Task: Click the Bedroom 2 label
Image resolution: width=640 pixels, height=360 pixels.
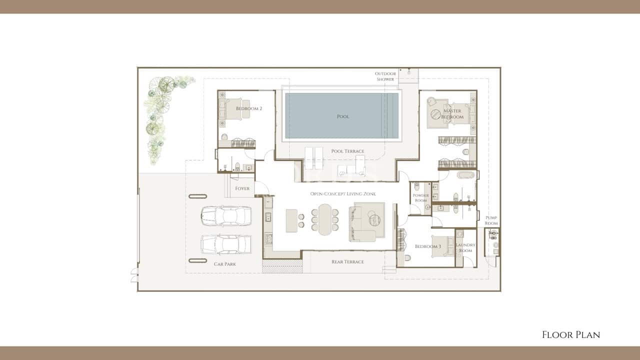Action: pos(249,108)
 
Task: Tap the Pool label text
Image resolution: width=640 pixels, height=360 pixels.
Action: pos(343,116)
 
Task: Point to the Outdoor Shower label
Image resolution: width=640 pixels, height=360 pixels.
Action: pos(385,76)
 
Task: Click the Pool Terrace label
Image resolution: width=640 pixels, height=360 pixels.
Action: pos(347,151)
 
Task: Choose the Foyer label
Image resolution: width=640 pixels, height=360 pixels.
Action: pos(242,188)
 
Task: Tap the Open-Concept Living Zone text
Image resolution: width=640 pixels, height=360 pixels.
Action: pos(342,193)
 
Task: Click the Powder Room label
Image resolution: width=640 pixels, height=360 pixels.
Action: pos(420,198)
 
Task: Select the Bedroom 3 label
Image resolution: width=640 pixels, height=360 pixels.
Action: pos(427,246)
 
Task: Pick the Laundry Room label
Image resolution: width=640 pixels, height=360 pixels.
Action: pos(465,247)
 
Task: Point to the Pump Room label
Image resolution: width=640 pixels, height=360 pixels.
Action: pos(491,220)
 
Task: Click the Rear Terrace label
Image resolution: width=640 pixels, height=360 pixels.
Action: pos(347,261)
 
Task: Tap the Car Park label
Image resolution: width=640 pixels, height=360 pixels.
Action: pos(225,263)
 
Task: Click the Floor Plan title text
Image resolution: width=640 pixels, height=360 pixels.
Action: pos(571,335)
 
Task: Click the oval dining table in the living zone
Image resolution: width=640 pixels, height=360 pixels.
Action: pos(325,219)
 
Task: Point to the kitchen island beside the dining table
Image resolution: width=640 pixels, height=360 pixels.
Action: pos(291,220)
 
